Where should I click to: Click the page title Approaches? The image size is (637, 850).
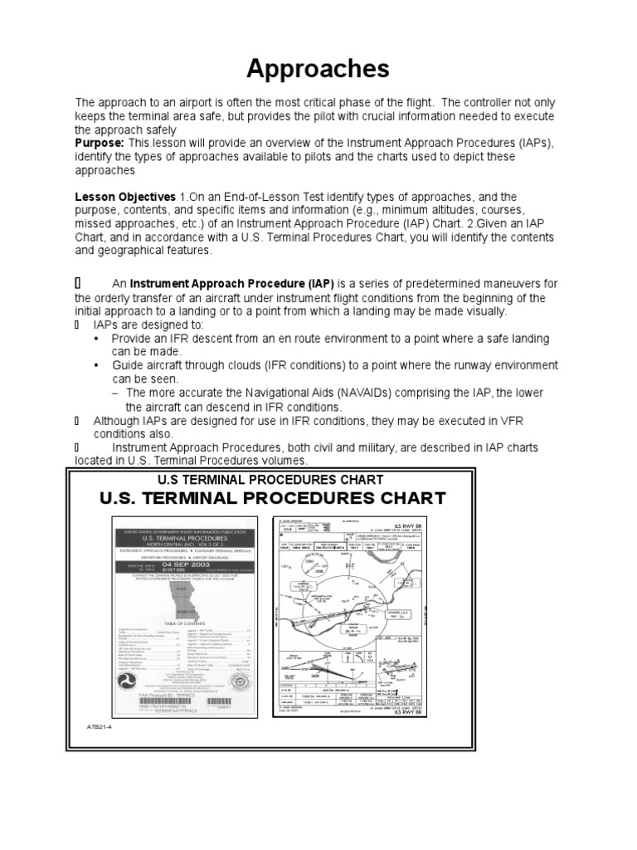(x=318, y=68)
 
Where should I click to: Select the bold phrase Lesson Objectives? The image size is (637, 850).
(x=125, y=197)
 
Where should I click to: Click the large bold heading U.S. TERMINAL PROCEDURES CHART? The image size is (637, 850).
(x=272, y=498)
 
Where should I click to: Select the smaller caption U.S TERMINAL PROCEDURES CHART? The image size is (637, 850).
(x=270, y=480)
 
